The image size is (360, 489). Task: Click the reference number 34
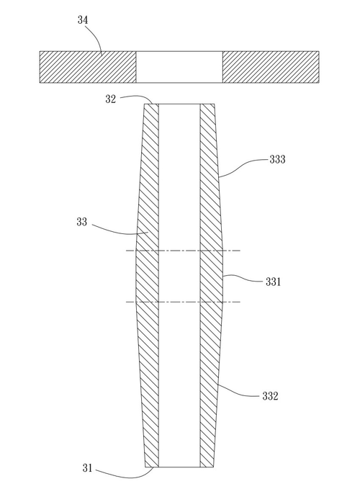[83, 20]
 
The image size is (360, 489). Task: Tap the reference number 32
[111, 99]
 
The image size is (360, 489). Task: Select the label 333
[277, 159]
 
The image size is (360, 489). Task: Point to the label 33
[81, 222]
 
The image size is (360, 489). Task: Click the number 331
[273, 282]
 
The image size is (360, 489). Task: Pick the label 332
[270, 396]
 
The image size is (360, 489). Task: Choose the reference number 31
[87, 468]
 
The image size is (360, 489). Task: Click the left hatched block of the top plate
[88, 67]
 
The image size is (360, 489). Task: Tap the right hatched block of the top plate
[271, 67]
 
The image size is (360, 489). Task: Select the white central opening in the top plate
[179, 67]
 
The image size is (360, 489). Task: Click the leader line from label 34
[97, 37]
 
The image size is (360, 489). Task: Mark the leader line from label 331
[243, 277]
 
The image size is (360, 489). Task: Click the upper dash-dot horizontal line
[183, 251]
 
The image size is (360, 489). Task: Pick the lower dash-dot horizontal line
[183, 302]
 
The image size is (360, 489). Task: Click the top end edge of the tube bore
[179, 104]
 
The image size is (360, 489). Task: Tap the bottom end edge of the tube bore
[179, 467]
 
